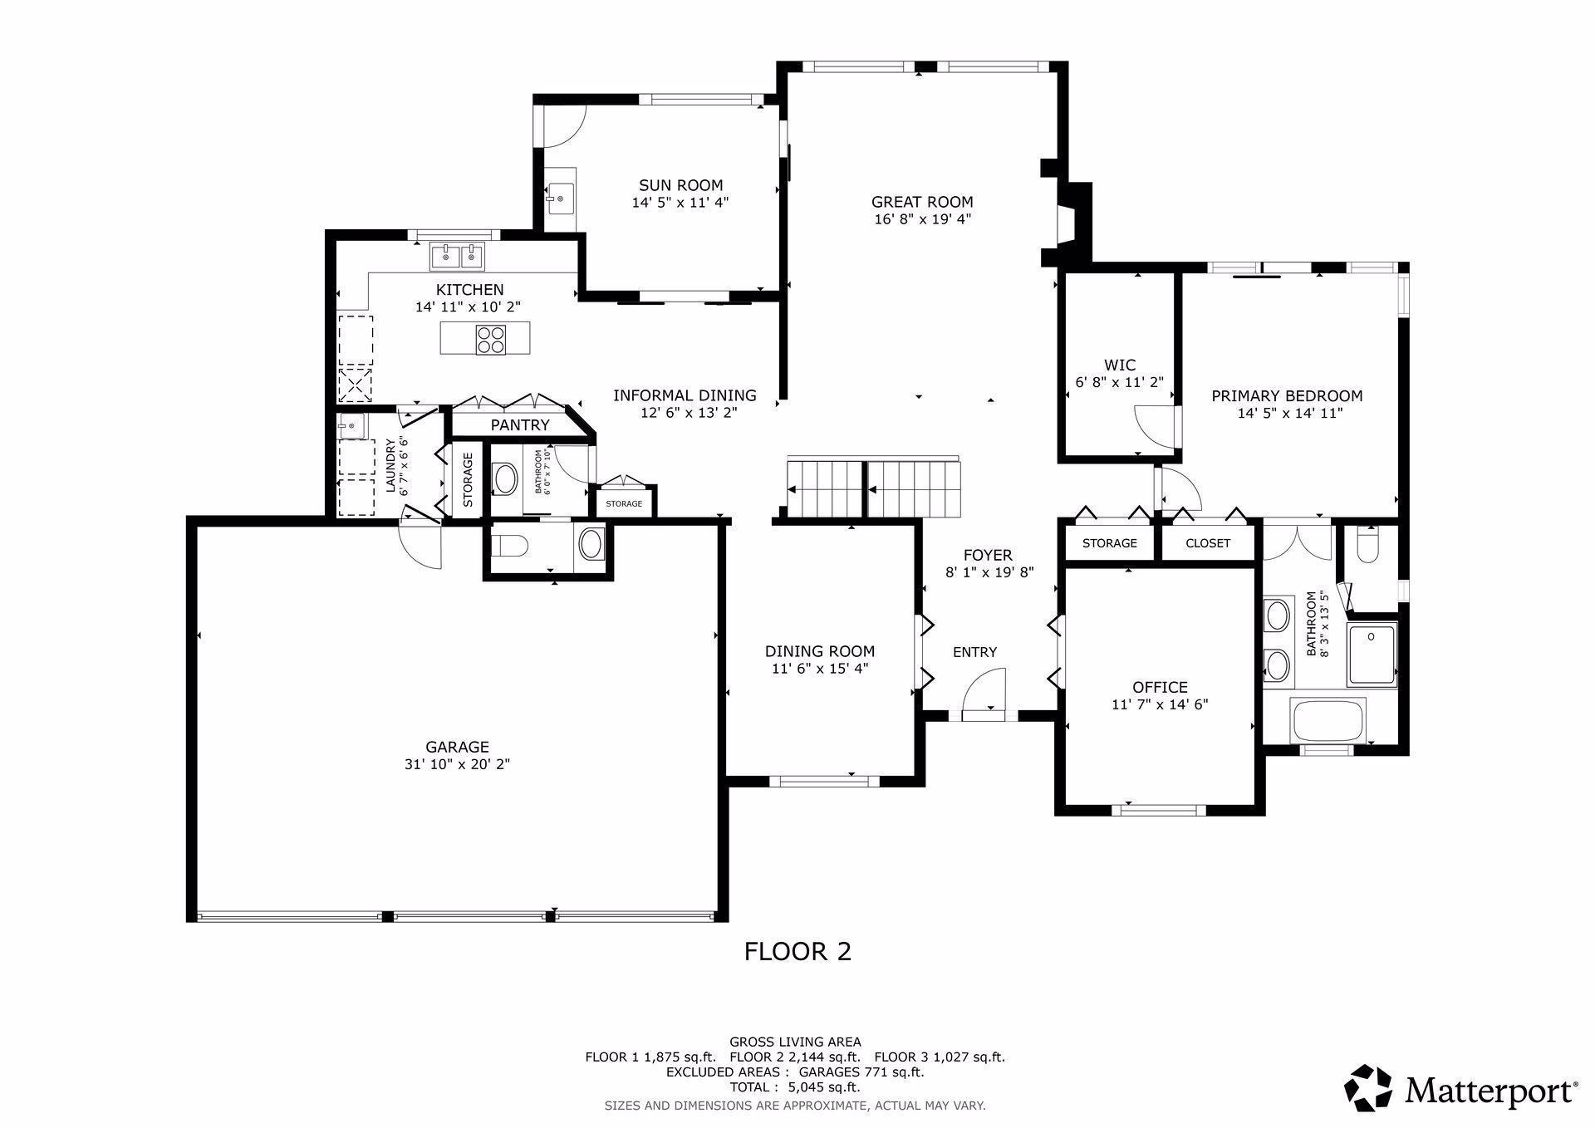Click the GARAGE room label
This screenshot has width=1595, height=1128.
point(457,747)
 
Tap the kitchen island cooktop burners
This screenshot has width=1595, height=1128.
point(491,339)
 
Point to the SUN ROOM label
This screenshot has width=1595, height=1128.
point(680,185)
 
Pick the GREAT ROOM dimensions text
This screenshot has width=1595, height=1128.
point(922,219)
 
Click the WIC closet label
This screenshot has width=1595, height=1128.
point(1120,365)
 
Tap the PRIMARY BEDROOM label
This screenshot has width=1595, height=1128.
point(1287,396)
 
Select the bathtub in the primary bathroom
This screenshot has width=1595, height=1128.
point(1328,719)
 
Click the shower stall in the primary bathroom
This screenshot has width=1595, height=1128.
point(1372,655)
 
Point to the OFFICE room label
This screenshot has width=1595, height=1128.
point(1160,687)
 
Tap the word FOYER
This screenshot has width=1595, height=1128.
point(988,555)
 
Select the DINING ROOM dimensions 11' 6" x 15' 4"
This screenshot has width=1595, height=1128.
point(819,669)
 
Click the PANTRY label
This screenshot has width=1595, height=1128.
point(520,425)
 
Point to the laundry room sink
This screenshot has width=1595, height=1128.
point(351,426)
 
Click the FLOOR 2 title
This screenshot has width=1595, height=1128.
point(797,951)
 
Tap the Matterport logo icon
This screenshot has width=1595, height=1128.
point(1368,1087)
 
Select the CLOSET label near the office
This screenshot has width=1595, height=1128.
point(1208,543)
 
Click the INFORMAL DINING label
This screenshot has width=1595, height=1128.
point(685,395)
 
